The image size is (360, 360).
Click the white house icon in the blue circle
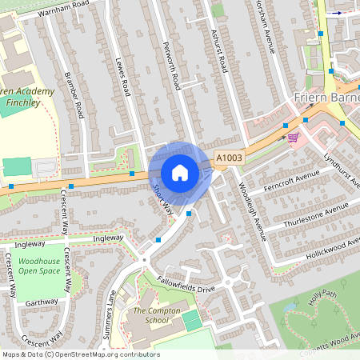click(180, 173)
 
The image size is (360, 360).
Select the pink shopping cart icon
click(293, 137)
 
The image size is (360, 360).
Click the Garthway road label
click(42, 303)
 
